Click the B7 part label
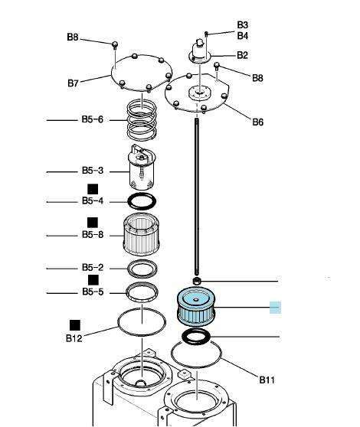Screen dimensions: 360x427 pos(73,83)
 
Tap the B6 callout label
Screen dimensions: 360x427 pos(257,122)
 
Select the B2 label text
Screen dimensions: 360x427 pos(242,55)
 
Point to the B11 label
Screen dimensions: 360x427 pos(267,380)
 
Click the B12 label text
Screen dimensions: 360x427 pos(74,338)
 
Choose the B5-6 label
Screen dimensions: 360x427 pos(93,119)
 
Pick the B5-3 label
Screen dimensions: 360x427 pos(93,171)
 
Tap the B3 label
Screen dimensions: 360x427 pos(242,24)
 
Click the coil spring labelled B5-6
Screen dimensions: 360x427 pos(142,120)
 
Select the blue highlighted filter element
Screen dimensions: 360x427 pos(196,307)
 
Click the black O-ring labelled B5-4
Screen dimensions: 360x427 pos(142,201)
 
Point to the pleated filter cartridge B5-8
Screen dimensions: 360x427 pos(141,234)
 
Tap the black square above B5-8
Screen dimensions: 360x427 pos(93,223)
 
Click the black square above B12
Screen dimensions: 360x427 pos(75,325)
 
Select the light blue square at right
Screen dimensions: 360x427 pos(275,308)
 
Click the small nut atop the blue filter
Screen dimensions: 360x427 pos(196,281)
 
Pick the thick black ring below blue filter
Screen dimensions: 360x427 pos(196,336)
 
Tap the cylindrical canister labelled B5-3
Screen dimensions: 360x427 pos(142,168)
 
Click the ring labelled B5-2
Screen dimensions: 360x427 pos(142,269)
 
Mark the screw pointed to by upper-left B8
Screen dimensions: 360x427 pos(115,45)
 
